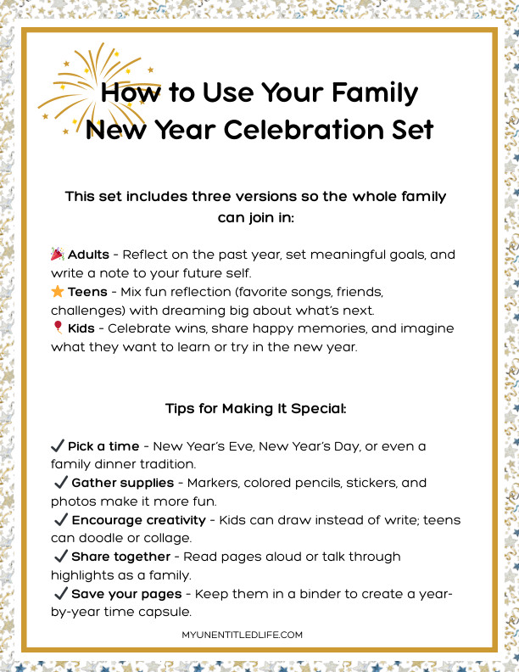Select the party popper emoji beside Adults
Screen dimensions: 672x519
tap(58, 255)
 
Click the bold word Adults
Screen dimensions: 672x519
tap(88, 255)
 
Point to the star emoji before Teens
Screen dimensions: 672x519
tap(58, 292)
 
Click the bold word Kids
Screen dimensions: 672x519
tap(83, 328)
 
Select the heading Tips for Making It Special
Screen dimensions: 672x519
tap(255, 408)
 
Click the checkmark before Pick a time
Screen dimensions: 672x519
tap(58, 445)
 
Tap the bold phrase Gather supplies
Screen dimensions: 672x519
tap(124, 482)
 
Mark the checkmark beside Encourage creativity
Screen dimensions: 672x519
tap(60, 519)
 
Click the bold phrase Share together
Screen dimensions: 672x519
tap(120, 557)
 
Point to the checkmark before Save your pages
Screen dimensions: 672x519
tap(60, 594)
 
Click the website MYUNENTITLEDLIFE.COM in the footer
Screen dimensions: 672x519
tap(242, 635)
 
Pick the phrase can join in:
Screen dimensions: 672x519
tap(255, 217)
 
